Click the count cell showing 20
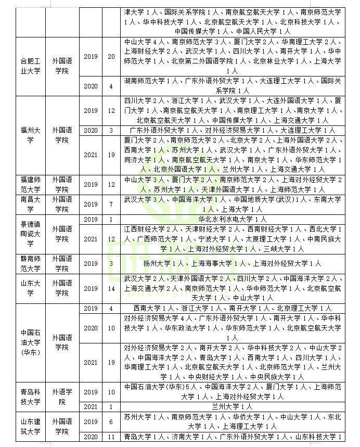point(111,56)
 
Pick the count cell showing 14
point(111,288)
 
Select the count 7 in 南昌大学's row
point(111,204)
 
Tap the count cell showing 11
point(111,437)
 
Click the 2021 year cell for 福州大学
point(91,155)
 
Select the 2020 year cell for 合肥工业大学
point(91,86)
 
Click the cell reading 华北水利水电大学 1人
point(233,219)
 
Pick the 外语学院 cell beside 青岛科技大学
point(62,397)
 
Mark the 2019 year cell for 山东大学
point(91,288)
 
